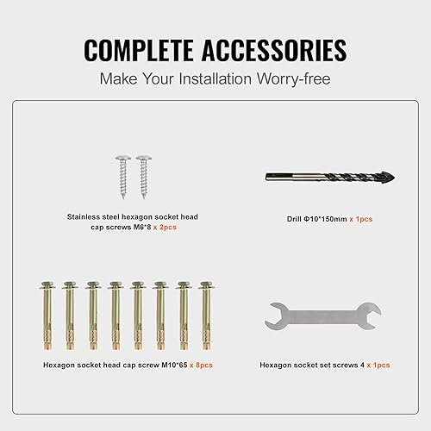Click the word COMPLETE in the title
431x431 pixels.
(x=139, y=50)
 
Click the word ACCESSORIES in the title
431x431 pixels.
(x=274, y=50)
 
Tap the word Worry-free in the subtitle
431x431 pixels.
(x=293, y=78)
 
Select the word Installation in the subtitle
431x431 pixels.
(x=215, y=78)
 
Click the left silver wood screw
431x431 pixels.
(x=123, y=177)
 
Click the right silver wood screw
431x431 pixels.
(x=144, y=177)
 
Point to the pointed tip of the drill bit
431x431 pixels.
(x=394, y=178)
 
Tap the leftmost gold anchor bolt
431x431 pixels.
(x=47, y=315)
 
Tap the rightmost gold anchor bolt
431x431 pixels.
(x=207, y=315)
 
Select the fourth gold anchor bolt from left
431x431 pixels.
(x=116, y=315)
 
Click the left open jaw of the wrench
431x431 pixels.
(x=273, y=316)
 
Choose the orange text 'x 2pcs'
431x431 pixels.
(x=165, y=228)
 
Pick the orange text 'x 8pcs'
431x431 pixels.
(x=201, y=365)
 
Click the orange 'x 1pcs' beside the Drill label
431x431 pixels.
(x=361, y=219)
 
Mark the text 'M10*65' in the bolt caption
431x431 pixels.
(x=174, y=365)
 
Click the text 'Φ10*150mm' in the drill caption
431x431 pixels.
(x=325, y=219)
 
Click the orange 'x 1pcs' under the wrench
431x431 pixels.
(x=378, y=365)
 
